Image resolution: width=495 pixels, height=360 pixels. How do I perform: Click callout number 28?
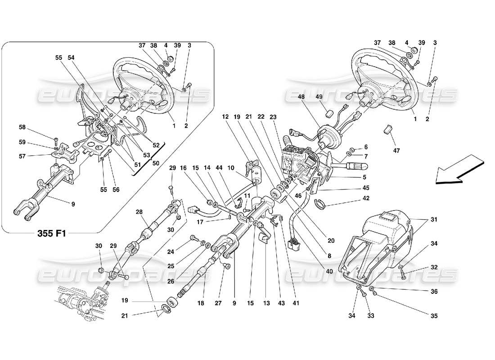[139, 211]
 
